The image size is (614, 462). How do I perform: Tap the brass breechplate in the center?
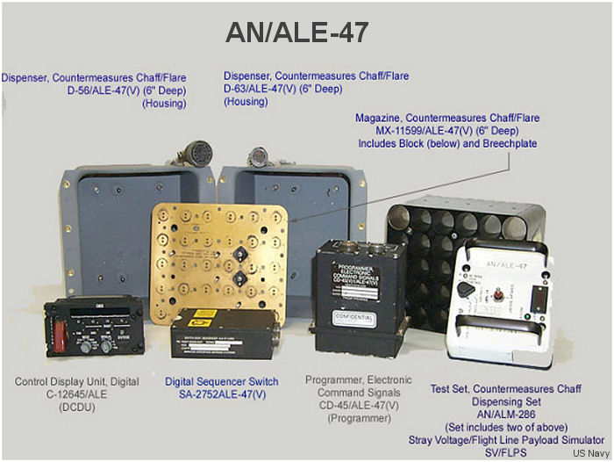click(220, 256)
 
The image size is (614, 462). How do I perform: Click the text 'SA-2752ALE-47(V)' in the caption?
click(222, 394)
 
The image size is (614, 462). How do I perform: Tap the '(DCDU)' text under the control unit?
click(78, 408)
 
